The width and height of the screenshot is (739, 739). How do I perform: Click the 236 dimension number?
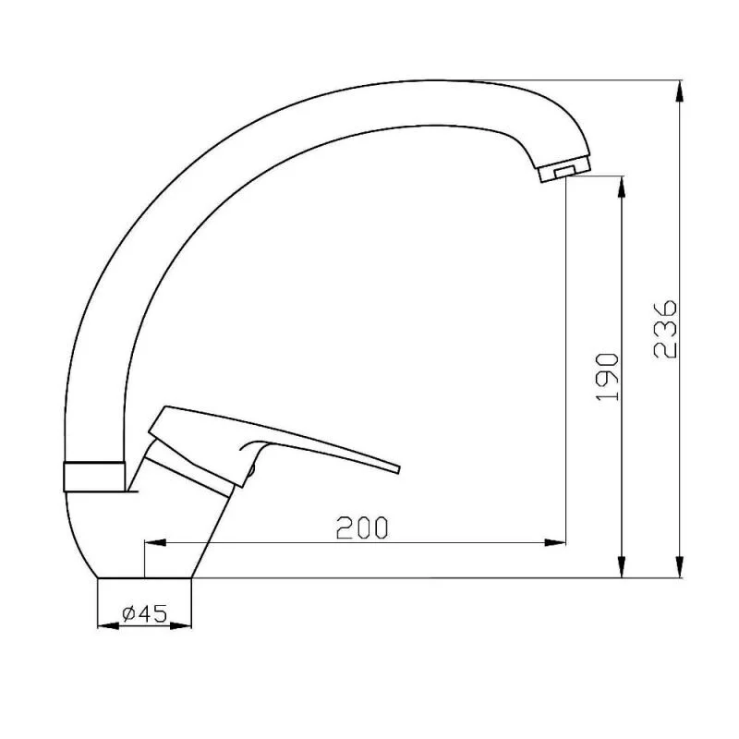(665, 328)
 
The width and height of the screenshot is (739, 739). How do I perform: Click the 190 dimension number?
(607, 377)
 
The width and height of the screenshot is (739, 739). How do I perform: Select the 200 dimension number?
(362, 527)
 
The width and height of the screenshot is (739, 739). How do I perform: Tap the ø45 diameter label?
(144, 612)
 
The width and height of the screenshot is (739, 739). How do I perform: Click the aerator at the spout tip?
(561, 171)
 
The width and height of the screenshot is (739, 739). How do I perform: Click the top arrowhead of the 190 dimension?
(623, 184)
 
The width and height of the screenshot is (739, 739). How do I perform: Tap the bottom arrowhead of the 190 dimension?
(623, 569)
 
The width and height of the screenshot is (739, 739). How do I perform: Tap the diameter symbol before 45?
(127, 612)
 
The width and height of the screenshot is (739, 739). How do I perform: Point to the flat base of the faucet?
(144, 577)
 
